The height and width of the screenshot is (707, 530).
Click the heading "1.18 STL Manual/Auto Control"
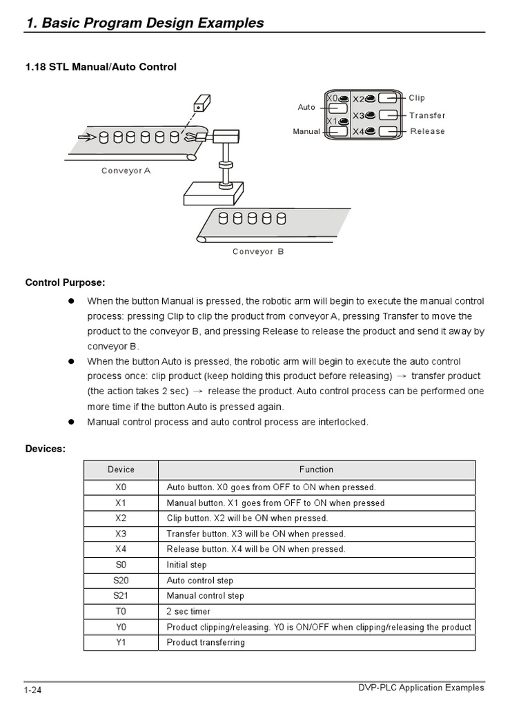pyautogui.click(x=101, y=67)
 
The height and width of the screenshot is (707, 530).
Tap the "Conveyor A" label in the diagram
pyautogui.click(x=126, y=171)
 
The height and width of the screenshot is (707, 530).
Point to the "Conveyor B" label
pyautogui.click(x=258, y=252)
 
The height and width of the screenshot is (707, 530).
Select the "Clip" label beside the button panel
pyautogui.click(x=417, y=98)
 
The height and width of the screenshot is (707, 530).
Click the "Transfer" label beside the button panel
pyautogui.click(x=427, y=115)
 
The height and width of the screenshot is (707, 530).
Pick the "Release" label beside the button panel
pyautogui.click(x=427, y=131)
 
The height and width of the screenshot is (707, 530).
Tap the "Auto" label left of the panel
pyautogui.click(x=306, y=107)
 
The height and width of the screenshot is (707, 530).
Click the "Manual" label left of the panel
pyautogui.click(x=306, y=131)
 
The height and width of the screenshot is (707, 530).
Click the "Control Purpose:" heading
pyautogui.click(x=66, y=282)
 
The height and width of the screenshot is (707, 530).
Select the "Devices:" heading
pyautogui.click(x=46, y=449)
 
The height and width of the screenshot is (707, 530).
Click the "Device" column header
pyautogui.click(x=121, y=469)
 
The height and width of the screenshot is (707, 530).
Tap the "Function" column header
pyautogui.click(x=316, y=469)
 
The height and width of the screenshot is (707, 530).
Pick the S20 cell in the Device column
pyautogui.click(x=121, y=581)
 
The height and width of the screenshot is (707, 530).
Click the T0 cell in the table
pyautogui.click(x=121, y=612)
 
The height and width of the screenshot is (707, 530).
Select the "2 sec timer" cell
pyautogui.click(x=188, y=612)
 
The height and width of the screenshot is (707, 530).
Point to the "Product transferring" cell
pyautogui.click(x=206, y=643)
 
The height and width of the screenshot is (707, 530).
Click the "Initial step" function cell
pyautogui.click(x=186, y=565)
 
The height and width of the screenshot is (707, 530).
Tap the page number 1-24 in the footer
pyautogui.click(x=33, y=690)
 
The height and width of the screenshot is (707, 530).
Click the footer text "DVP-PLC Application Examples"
pyautogui.click(x=421, y=688)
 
